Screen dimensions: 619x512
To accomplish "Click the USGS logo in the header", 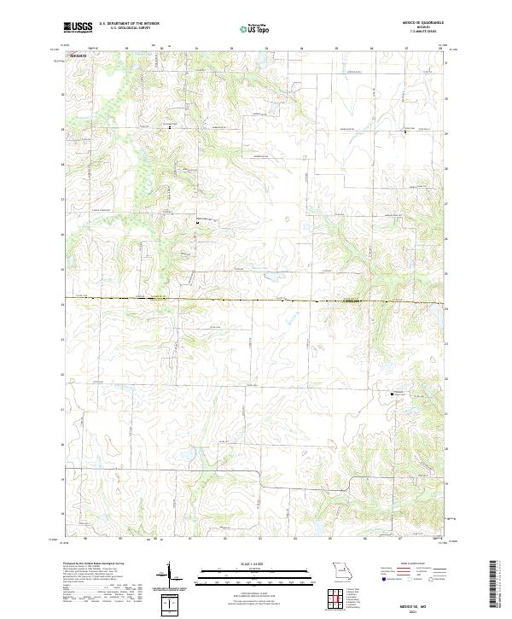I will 79,27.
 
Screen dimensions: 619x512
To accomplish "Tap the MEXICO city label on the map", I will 78,55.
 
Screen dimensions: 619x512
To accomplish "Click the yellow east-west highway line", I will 256,301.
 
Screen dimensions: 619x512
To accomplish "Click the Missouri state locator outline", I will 343,570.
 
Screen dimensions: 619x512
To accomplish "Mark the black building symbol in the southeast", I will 393,394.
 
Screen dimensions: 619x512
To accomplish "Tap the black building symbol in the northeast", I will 405,132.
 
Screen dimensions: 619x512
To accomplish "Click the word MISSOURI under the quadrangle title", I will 418,27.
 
